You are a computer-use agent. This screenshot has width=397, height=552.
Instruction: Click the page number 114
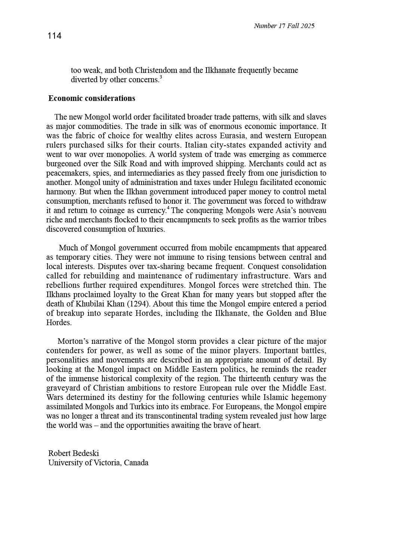[x=55, y=36]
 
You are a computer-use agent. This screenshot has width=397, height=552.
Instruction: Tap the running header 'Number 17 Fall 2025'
[x=284, y=26]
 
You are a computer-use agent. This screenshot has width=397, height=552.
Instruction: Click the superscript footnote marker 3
[x=161, y=77]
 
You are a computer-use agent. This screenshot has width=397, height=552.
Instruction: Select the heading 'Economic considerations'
[x=92, y=98]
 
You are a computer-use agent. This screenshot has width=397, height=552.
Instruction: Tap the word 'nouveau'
[x=312, y=210]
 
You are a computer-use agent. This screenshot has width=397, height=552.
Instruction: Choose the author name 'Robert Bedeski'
[x=74, y=453]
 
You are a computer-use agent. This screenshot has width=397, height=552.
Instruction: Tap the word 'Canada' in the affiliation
[x=136, y=463]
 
